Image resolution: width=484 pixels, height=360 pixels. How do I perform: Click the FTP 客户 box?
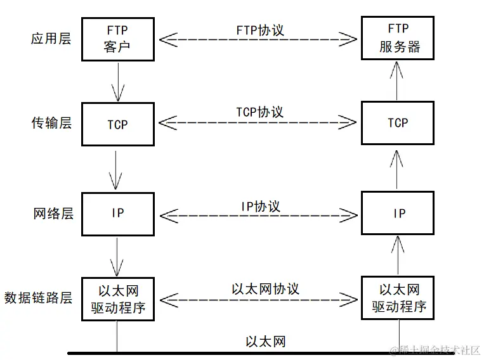point(117,38)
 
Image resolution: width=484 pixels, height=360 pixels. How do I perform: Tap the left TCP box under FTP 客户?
point(117,124)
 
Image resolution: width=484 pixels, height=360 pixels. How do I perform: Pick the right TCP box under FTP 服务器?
point(398,122)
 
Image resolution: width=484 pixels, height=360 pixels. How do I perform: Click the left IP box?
point(117,213)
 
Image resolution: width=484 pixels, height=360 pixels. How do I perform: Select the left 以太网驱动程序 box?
point(117,299)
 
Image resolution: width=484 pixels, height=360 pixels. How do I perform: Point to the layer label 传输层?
point(51,122)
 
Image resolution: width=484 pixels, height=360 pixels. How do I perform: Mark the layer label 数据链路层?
point(38,298)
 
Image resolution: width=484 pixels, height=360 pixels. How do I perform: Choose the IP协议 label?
point(260,207)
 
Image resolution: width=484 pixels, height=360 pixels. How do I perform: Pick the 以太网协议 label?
point(265,289)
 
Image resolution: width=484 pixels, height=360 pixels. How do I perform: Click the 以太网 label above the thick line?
point(265,342)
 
